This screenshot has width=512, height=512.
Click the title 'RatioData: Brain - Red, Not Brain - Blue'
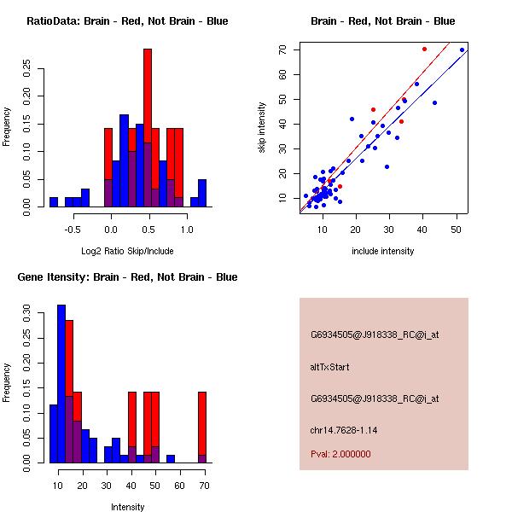click(126, 21)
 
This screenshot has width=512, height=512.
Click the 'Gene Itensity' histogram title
click(127, 277)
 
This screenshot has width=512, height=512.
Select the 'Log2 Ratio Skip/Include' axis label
click(126, 250)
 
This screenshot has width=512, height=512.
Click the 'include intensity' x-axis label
click(383, 250)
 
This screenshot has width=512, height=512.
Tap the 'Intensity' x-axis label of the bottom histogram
click(127, 506)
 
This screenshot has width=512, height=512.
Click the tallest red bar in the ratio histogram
click(148, 102)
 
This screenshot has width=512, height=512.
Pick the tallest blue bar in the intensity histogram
click(61, 384)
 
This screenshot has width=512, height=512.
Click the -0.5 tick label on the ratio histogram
click(72, 230)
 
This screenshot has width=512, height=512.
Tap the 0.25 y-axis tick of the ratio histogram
click(26, 68)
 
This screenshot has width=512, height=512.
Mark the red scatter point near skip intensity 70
click(424, 49)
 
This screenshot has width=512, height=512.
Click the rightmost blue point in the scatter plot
click(462, 49)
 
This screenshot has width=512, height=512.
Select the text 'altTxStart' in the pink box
click(329, 367)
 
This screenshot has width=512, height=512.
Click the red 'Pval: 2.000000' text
click(340, 454)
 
